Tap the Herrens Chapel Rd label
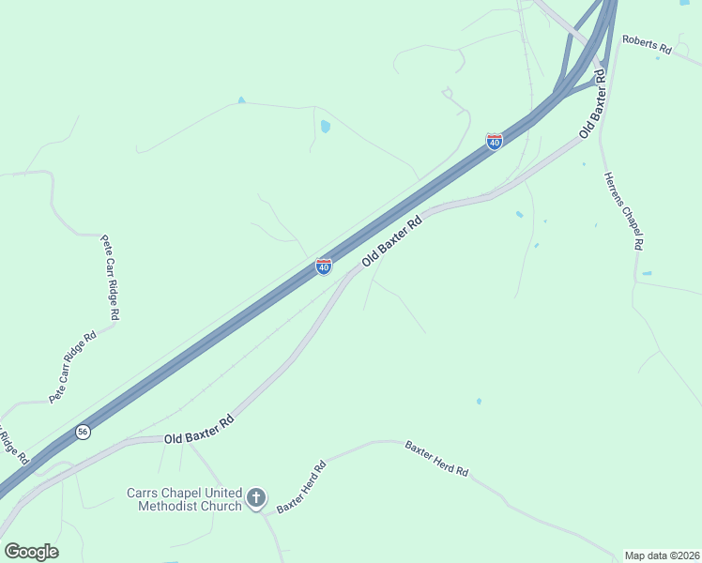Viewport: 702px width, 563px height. point(623,209)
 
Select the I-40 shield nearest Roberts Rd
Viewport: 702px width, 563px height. point(494,141)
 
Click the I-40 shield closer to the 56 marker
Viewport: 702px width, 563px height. point(323,267)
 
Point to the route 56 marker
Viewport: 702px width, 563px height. point(84,431)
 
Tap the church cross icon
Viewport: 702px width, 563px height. point(256,499)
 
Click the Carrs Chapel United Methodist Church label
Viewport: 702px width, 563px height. point(185,499)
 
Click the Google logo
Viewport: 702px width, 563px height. point(31,551)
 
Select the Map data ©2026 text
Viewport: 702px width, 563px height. point(661,555)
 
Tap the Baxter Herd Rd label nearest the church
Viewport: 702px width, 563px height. point(301,487)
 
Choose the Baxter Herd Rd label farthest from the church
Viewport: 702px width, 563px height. point(436,459)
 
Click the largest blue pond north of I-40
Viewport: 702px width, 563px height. point(325,126)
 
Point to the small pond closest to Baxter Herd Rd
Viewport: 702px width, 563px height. point(479,401)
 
